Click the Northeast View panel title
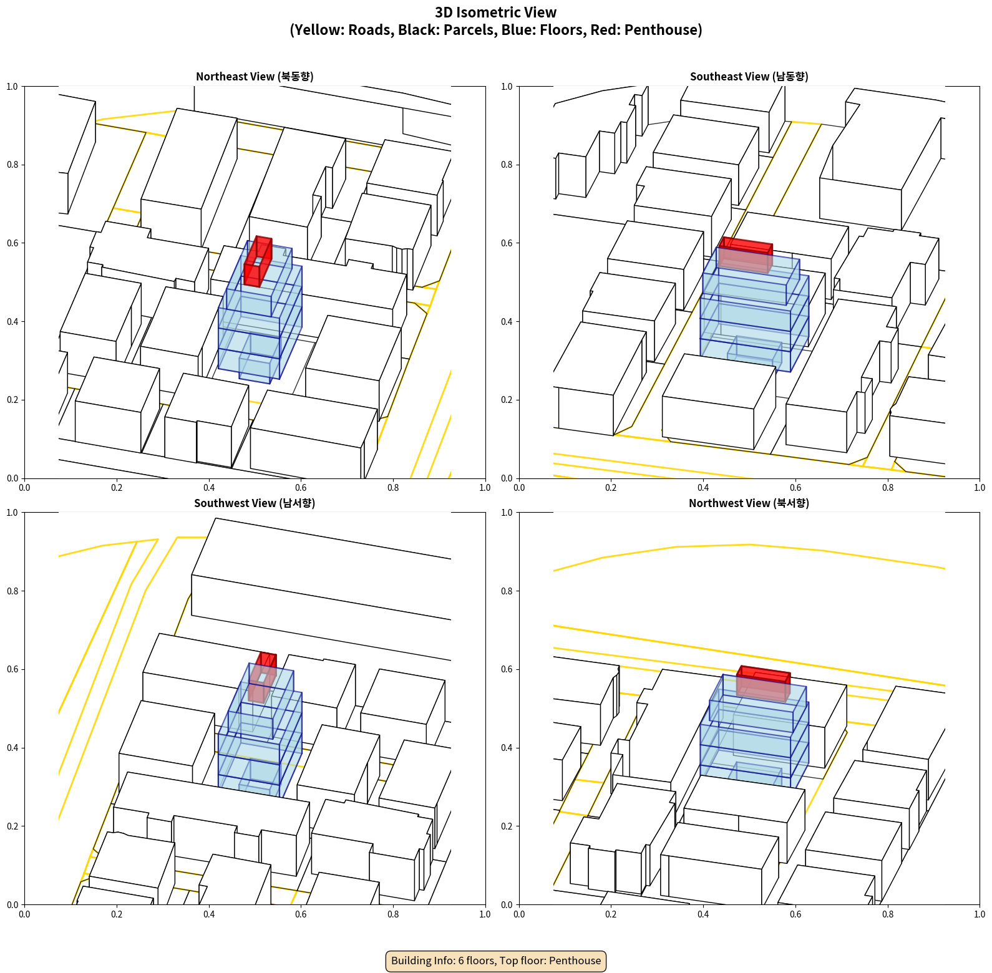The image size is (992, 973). [x=255, y=76]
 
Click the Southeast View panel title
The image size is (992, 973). [x=749, y=76]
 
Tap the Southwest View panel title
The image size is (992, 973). [x=255, y=503]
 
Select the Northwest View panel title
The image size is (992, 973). [x=749, y=503]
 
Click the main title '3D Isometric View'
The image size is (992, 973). [x=495, y=12]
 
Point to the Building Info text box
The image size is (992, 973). [x=496, y=961]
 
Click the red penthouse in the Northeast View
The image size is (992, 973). [x=258, y=261]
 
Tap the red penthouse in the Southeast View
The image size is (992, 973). [x=746, y=254]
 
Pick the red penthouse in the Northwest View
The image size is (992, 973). [x=764, y=683]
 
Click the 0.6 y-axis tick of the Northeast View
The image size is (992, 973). [x=12, y=243]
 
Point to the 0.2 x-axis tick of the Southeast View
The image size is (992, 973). [x=611, y=488]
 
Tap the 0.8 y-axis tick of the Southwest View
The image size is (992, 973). [x=12, y=591]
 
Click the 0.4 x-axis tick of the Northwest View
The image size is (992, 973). [x=703, y=914]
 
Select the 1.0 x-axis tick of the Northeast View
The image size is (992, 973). [x=485, y=488]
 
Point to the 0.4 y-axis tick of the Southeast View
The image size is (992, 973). [x=507, y=322]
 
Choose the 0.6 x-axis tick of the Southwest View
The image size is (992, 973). [x=301, y=914]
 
